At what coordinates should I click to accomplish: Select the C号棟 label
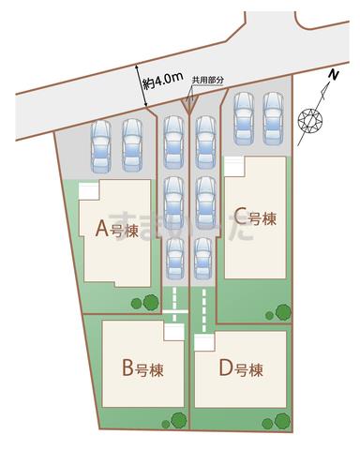tap(255, 219)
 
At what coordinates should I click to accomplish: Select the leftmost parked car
tap(100, 148)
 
